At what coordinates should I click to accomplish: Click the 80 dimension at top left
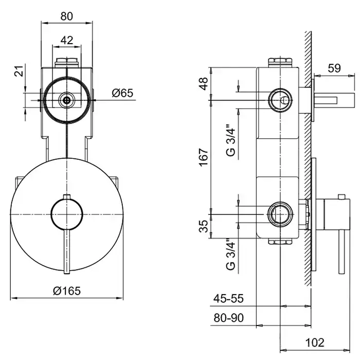pos(67,16)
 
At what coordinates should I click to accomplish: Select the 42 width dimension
pos(67,40)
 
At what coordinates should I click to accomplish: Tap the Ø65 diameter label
pos(122,93)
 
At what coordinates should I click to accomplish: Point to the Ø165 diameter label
pos(67,291)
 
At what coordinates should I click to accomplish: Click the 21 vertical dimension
pos(20,71)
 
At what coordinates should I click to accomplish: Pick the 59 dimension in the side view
pos(334,68)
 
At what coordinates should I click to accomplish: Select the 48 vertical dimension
pos(204,83)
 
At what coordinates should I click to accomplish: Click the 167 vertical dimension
pos(204,157)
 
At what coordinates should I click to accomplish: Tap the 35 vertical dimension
pos(204,226)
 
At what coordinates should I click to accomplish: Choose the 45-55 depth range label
pos(228,298)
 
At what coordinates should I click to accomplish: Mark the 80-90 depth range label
pos(228,318)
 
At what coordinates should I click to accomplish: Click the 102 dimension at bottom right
pos(315,343)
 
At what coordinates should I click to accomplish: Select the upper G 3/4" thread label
pos(231,140)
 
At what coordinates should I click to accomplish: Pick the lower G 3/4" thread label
pos(231,255)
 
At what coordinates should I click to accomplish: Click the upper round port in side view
pos(280,100)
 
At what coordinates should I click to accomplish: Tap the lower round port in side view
pos(280,214)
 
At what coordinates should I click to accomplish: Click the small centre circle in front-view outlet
pos(67,100)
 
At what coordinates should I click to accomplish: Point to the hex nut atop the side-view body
pos(280,62)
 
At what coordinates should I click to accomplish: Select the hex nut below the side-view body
pos(280,242)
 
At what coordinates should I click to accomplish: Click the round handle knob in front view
pos(67,214)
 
